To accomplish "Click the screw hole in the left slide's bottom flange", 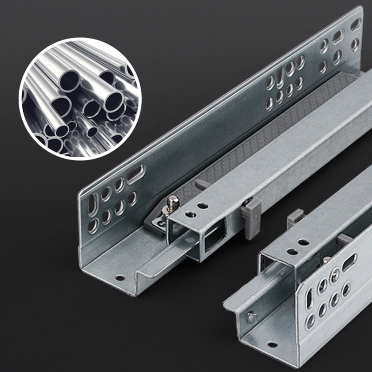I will (120, 278).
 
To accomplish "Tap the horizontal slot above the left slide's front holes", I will (135, 174).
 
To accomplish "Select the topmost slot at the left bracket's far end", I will (355, 24).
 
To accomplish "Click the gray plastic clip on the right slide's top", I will (295, 217).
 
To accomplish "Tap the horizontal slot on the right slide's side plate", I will (349, 262).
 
